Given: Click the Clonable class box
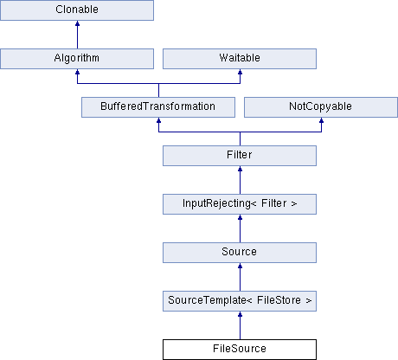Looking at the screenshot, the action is [77, 10].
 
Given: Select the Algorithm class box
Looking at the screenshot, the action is [77, 59].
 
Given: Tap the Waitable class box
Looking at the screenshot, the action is [240, 59].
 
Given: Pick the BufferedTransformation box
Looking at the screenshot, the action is [158, 107].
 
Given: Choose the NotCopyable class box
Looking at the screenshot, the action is [321, 107].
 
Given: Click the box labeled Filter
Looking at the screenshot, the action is [240, 156].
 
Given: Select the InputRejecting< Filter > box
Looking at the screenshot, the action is [240, 204].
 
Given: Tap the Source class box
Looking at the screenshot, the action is [240, 253].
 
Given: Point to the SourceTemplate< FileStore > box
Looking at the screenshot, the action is [240, 301].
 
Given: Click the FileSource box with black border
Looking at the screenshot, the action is [240, 350].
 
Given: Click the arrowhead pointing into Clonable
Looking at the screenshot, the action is [77, 23].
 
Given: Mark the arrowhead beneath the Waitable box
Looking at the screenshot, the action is [240, 72].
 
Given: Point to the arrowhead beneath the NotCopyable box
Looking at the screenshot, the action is [321, 120].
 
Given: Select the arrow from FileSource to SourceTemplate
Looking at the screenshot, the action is [240, 325].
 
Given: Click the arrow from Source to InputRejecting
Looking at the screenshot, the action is [240, 228].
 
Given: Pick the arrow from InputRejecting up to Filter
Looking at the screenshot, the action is [240, 180].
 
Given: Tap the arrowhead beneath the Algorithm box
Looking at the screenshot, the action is [77, 72].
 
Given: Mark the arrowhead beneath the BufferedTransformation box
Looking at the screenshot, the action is [158, 120].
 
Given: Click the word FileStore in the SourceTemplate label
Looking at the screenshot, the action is [279, 300].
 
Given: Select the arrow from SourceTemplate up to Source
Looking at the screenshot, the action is [240, 277].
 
